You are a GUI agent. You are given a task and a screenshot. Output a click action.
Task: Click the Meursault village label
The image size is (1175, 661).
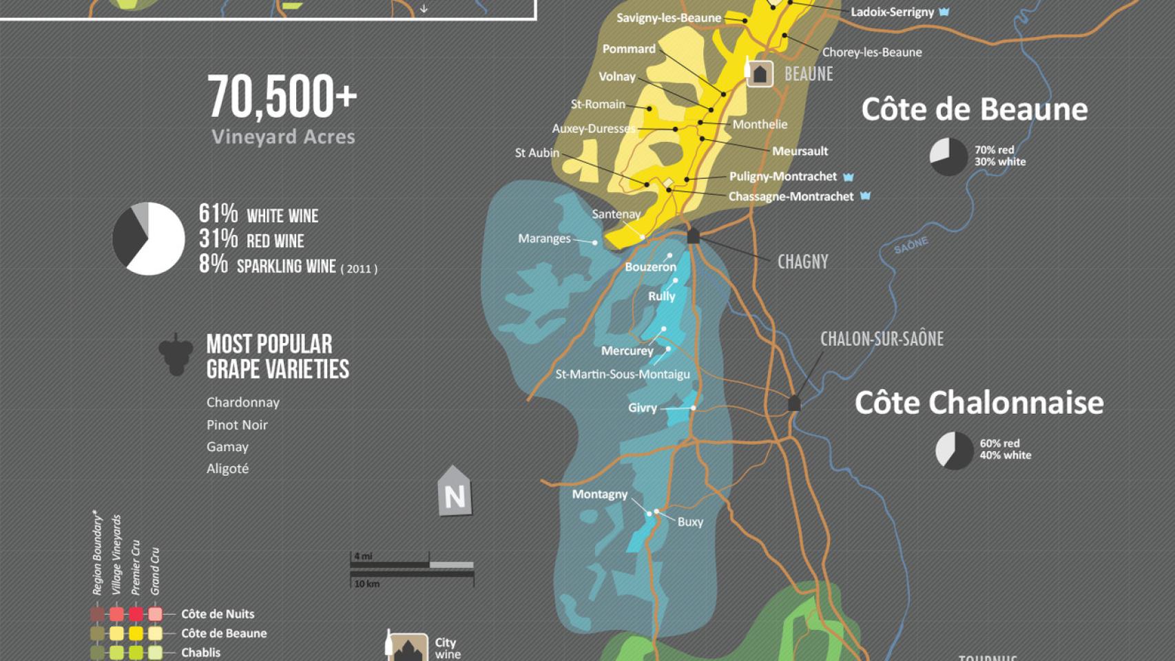[x=800, y=151]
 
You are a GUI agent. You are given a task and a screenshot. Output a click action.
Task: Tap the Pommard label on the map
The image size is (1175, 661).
[x=629, y=49]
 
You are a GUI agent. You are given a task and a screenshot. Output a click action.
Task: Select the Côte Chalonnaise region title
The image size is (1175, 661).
[x=979, y=403]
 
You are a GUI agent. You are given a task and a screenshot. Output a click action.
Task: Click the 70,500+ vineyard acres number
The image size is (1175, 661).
[x=282, y=97]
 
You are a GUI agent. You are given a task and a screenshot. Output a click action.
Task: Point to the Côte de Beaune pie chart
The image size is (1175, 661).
[x=948, y=156]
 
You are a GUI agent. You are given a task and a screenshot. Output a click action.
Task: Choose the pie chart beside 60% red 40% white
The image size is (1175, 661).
[x=954, y=450]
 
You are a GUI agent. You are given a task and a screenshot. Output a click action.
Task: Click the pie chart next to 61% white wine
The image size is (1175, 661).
[x=149, y=238]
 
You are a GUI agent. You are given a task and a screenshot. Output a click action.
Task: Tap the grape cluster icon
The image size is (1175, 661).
[x=176, y=355]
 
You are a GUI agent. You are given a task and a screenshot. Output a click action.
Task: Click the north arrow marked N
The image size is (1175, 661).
[x=454, y=492]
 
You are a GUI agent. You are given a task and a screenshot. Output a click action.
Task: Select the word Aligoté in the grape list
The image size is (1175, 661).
[x=227, y=469]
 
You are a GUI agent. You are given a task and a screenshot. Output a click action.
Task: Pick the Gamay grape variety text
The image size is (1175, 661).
[x=227, y=447]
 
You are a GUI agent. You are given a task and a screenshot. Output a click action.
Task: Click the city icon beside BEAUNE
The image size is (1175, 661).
[x=760, y=74]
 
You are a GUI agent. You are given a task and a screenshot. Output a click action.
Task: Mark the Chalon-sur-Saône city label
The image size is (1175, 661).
[x=882, y=339]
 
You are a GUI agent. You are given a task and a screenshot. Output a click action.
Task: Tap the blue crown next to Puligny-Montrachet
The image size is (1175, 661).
[x=849, y=177]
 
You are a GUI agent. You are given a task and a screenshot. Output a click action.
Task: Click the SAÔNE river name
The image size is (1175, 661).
[x=911, y=245]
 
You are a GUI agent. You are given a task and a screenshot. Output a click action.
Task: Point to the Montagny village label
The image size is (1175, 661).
[x=599, y=494]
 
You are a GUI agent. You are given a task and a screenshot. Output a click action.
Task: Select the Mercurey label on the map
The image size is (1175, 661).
[x=627, y=351]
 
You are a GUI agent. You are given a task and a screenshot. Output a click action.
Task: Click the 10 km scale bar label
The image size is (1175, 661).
[x=366, y=584]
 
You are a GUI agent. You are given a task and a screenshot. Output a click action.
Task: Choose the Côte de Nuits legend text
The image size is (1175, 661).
[x=218, y=614]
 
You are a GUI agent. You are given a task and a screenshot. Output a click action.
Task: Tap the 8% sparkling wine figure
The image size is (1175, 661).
[x=214, y=264]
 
